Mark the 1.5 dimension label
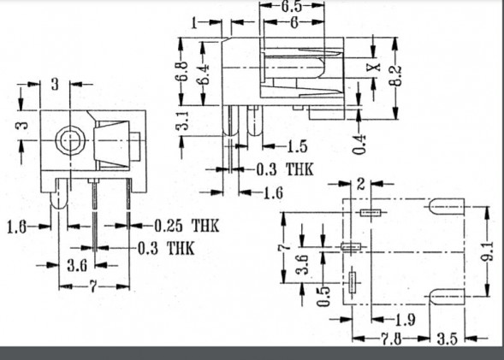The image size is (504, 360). tap(297, 146)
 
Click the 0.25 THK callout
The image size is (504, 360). tap(187, 227)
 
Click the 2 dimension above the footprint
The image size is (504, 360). tap(361, 184)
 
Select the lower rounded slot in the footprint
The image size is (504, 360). tap(445, 296)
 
